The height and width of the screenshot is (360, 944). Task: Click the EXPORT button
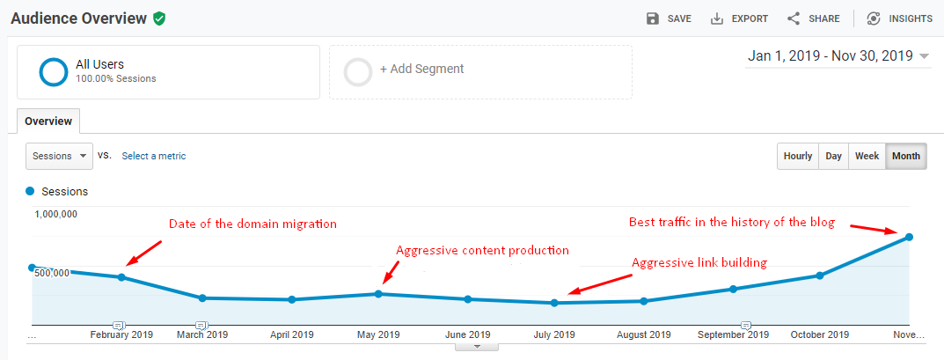(x=739, y=18)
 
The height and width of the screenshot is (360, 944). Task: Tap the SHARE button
(x=813, y=18)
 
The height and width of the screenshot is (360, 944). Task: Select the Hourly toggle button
(x=798, y=157)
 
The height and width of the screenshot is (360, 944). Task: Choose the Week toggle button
(x=867, y=157)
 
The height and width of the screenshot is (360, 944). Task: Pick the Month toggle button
(x=905, y=157)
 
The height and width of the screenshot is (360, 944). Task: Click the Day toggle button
(x=833, y=157)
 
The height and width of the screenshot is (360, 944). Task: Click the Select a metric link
(x=154, y=156)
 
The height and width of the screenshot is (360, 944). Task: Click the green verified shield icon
(x=159, y=18)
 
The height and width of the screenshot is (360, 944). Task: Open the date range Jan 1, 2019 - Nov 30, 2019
(x=838, y=56)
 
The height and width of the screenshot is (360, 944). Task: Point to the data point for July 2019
(x=554, y=303)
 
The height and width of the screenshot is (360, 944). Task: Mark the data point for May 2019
(x=378, y=293)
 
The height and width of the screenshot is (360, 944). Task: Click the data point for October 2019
(x=819, y=276)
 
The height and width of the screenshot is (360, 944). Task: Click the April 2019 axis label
(x=292, y=334)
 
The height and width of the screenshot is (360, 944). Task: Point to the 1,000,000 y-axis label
(x=56, y=214)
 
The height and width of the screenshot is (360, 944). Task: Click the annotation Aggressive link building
(x=699, y=262)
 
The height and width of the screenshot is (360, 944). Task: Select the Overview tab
(x=48, y=121)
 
